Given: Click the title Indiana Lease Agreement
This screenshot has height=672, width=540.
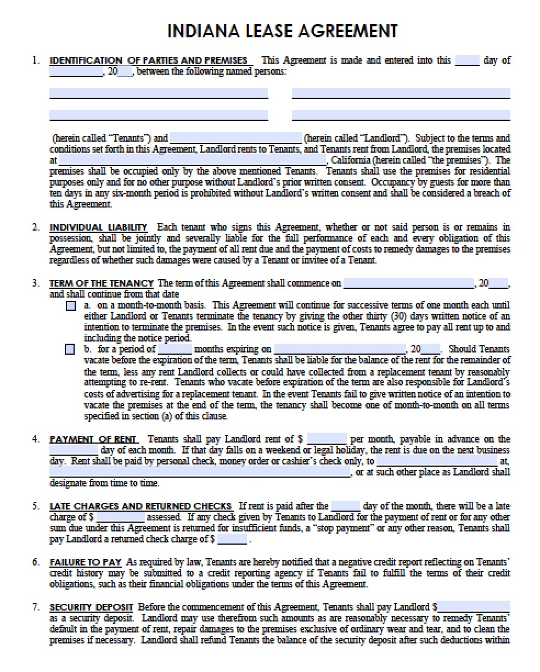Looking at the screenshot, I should [x=283, y=30].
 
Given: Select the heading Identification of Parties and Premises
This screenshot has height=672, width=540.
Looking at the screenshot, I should [x=148, y=60].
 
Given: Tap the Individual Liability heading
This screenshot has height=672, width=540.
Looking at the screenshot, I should [x=98, y=227].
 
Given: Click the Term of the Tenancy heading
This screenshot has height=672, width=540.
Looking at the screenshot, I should [x=102, y=283].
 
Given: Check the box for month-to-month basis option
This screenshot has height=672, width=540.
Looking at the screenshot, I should [x=70, y=306].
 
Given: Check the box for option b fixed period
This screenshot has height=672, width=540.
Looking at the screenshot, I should [x=70, y=349].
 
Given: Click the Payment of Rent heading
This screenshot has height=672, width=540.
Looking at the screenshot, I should [x=94, y=439].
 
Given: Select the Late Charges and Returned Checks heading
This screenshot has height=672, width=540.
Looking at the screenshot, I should [x=140, y=506].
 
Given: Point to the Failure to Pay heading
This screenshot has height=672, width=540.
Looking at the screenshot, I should [x=82, y=562].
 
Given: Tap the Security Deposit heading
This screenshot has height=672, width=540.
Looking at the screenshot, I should [x=91, y=607].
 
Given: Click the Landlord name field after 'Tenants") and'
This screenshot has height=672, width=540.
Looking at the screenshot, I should [x=235, y=138].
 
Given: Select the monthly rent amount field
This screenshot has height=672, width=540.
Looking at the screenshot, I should [x=327, y=439].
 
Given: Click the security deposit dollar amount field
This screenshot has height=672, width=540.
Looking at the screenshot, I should [x=474, y=607].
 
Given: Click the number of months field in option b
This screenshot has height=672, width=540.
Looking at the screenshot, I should [x=176, y=349].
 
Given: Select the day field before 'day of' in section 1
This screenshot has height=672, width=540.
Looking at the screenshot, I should [x=467, y=60].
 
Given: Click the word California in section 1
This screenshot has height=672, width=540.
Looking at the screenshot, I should [x=352, y=160].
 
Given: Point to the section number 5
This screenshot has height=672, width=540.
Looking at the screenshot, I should [x=36, y=506].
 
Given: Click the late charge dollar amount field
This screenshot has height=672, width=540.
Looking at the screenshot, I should [x=120, y=517].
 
